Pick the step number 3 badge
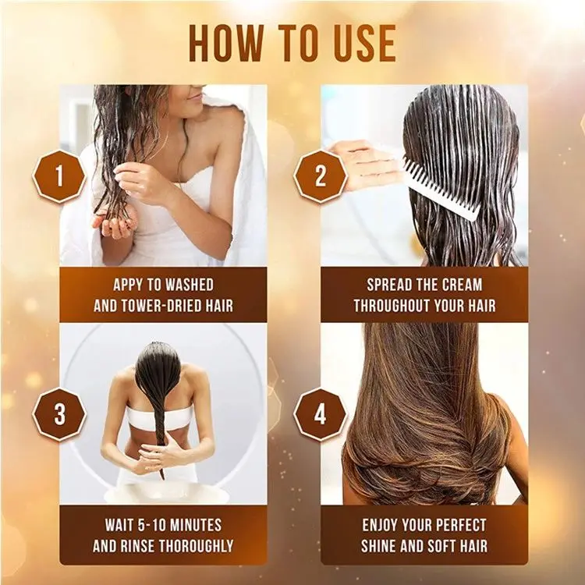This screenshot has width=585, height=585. [x=59, y=415]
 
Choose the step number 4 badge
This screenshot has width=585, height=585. [x=320, y=415]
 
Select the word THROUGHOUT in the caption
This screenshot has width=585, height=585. [x=397, y=305]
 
